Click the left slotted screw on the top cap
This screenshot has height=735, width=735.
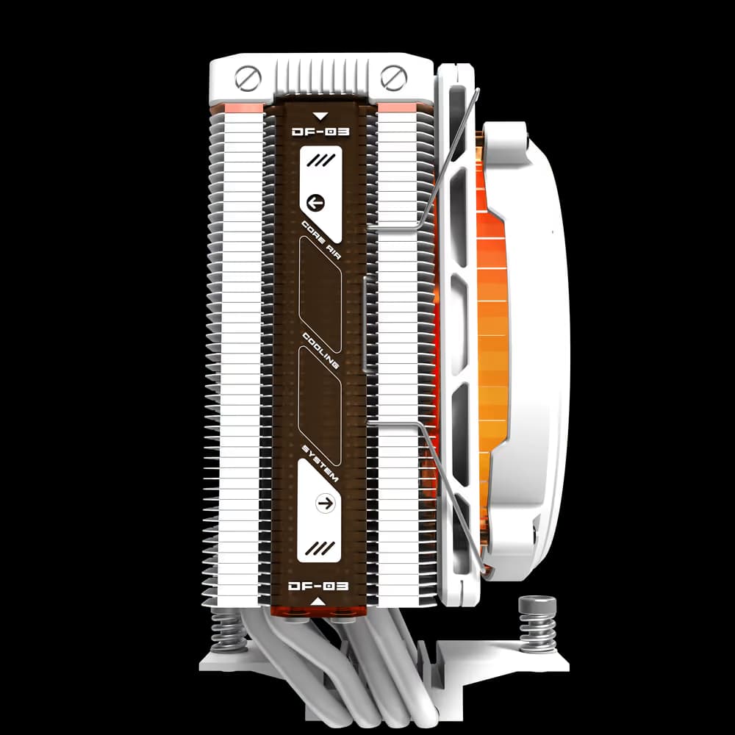[246, 76]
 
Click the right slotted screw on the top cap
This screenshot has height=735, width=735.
[395, 76]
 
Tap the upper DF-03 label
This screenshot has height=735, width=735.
[320, 132]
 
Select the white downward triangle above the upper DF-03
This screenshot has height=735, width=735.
[320, 115]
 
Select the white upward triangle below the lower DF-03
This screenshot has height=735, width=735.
[319, 602]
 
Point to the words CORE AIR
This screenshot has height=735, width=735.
[320, 237]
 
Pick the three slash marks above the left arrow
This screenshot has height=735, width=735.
[318, 160]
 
